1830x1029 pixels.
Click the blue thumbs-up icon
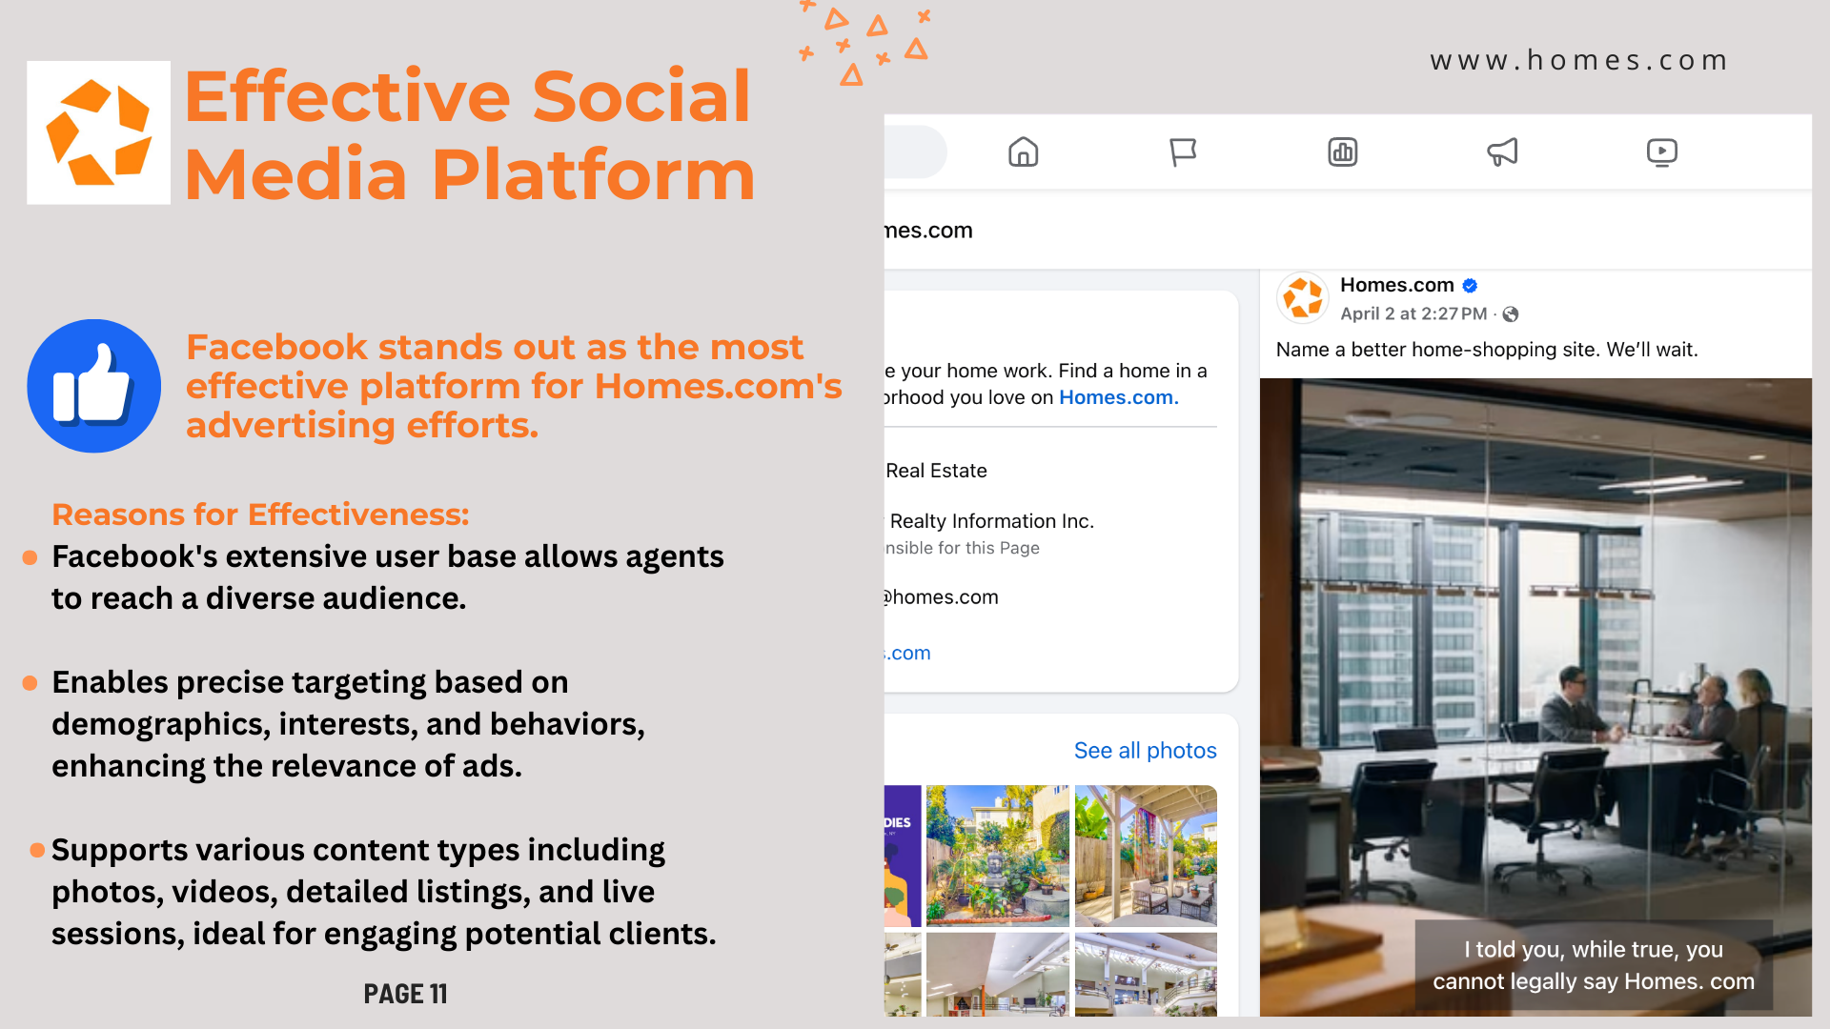(x=94, y=386)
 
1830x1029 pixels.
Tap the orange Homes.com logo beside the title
(x=99, y=132)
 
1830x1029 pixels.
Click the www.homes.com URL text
(x=1578, y=60)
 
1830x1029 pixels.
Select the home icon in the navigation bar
(x=1023, y=151)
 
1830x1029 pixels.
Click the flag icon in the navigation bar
(x=1183, y=151)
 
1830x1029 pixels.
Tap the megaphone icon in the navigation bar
(x=1502, y=151)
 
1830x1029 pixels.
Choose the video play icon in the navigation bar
(x=1662, y=151)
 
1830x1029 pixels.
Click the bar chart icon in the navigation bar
(x=1343, y=151)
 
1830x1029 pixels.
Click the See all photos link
(x=1146, y=751)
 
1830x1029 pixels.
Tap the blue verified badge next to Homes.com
(x=1470, y=285)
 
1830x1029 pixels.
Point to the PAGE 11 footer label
(x=405, y=994)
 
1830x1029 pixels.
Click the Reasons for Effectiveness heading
(x=260, y=514)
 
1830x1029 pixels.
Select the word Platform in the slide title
(x=593, y=175)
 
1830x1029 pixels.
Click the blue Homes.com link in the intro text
(x=1119, y=397)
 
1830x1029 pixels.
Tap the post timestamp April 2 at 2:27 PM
(x=1413, y=313)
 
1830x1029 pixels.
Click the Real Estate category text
(x=936, y=471)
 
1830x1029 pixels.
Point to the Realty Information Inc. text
(x=991, y=521)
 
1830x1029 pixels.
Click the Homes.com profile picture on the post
(x=1303, y=298)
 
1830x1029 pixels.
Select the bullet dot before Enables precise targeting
(x=30, y=683)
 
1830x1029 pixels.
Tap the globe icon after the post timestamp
(x=1511, y=314)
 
